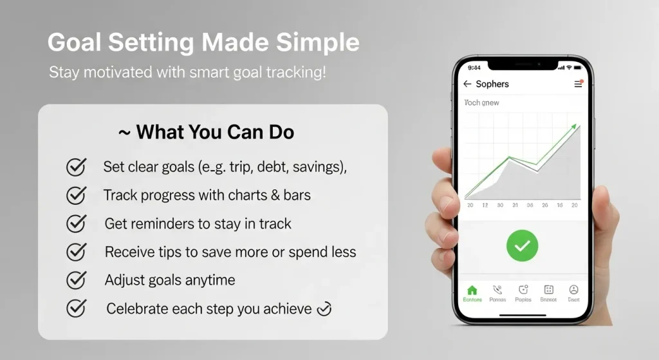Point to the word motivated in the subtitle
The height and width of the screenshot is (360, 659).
[x=115, y=72]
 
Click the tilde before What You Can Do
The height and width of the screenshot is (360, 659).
[x=124, y=133]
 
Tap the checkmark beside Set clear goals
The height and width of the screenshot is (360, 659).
[x=76, y=167]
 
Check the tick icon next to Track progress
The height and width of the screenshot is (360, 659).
[x=76, y=194]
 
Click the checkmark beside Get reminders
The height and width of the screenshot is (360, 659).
[x=76, y=223]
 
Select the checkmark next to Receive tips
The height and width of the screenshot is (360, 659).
[x=76, y=252]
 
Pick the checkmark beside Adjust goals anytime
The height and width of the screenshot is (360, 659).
[x=76, y=280]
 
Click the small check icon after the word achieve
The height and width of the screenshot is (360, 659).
[x=324, y=309]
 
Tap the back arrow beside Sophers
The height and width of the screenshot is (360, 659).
[x=467, y=84]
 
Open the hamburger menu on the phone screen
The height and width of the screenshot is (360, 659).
[x=578, y=84]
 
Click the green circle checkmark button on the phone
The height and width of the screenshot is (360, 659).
[x=522, y=245]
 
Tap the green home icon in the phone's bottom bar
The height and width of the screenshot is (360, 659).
[x=472, y=290]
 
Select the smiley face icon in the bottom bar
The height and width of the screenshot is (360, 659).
[x=574, y=290]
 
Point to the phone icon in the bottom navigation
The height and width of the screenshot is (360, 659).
[x=497, y=290]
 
